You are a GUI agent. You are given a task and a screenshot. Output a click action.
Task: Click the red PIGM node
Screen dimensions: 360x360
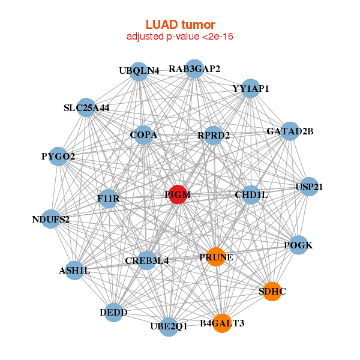click(178, 195)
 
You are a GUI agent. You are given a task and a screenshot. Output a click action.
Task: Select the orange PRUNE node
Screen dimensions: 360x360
click(216, 257)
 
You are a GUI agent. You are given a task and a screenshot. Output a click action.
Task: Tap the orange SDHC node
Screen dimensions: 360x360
click(272, 292)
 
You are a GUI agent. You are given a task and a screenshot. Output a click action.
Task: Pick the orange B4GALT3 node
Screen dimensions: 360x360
click(222, 323)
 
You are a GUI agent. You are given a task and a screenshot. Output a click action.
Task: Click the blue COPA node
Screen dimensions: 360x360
click(143, 135)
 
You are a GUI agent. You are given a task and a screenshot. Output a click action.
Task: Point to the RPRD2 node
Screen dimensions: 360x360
click(214, 136)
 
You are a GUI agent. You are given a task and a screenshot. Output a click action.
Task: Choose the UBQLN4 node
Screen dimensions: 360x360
click(139, 71)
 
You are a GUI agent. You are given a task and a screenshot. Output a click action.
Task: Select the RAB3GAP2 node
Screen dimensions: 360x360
click(194, 69)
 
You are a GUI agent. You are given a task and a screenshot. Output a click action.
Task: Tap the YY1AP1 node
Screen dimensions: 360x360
click(250, 88)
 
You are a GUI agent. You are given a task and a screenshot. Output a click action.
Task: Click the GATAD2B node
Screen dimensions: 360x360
click(290, 131)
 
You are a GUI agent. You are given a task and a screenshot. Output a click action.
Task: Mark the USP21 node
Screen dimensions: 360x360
click(309, 187)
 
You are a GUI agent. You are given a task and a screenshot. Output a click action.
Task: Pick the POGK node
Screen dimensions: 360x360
click(298, 245)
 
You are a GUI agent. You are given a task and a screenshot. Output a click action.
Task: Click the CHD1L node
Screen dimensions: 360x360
click(251, 195)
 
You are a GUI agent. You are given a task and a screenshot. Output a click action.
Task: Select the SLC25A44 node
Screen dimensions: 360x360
click(87, 108)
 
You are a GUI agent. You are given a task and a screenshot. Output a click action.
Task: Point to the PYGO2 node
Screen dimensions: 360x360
click(58, 157)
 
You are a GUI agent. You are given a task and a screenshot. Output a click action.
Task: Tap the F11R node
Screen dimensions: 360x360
click(109, 198)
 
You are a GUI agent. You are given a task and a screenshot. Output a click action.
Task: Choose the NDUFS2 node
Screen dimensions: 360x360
click(51, 219)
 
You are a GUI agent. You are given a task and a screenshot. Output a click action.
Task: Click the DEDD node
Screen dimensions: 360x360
click(113, 312)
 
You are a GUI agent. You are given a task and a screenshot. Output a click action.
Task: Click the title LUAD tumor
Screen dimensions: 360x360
click(180, 25)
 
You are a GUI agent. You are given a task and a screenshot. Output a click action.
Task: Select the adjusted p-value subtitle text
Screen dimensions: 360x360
click(180, 37)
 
